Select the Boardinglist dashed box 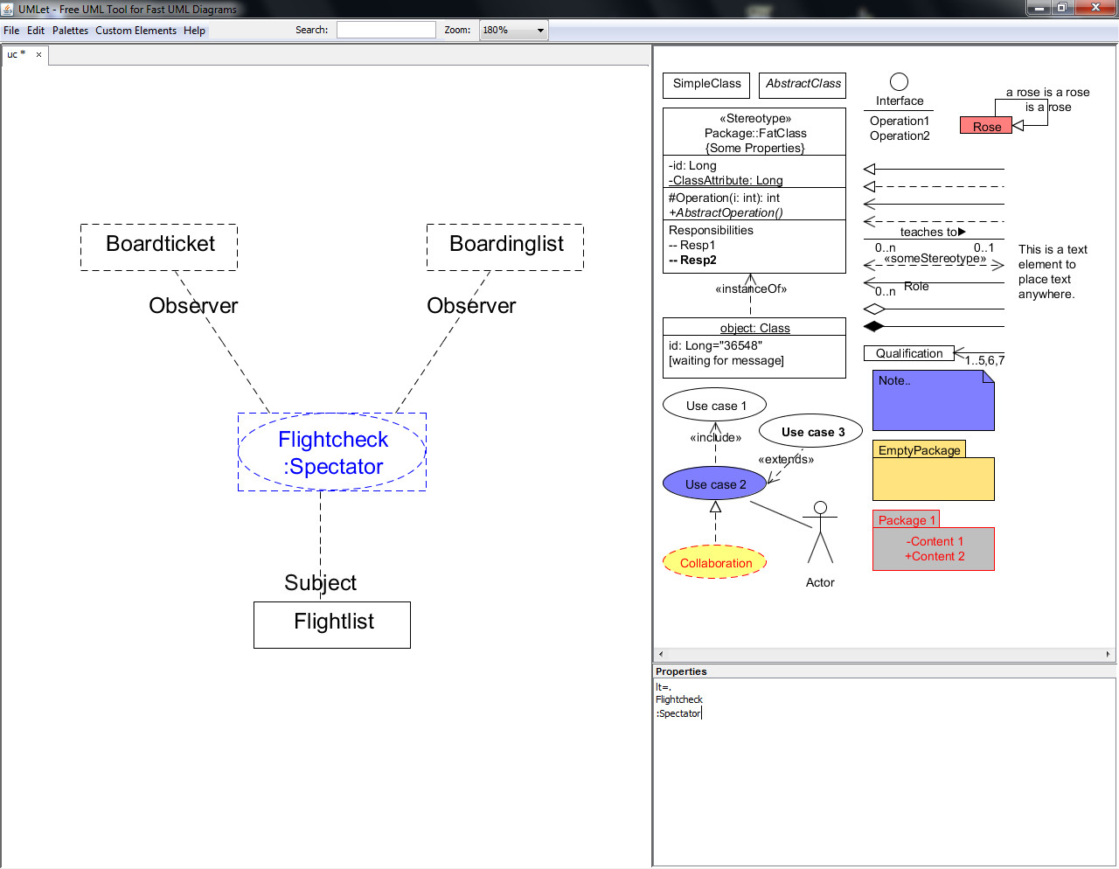pos(505,247)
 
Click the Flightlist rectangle pos(332,624)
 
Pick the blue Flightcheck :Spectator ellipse pos(332,451)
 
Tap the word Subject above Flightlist pos(320,583)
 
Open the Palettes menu pos(70,31)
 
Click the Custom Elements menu pos(136,31)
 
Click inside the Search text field pos(386,30)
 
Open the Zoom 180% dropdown pos(513,30)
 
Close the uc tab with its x pos(38,54)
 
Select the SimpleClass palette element pos(706,85)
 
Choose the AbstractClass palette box pos(803,85)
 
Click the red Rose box pos(986,126)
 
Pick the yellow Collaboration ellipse pos(715,562)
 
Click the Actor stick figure pos(820,532)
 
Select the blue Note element pos(933,400)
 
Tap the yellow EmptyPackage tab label pos(919,449)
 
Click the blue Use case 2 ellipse pos(715,483)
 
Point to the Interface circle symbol pos(899,82)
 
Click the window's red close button pos(1095,7)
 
